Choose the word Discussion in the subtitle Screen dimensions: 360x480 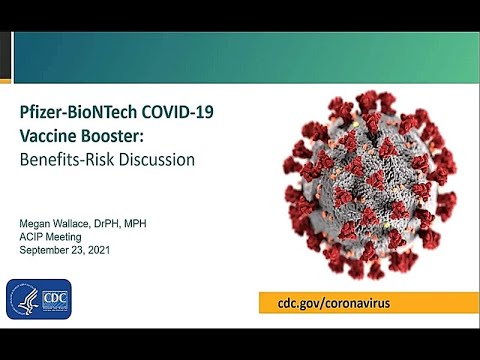tap(161, 160)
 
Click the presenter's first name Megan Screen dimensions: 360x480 tap(40, 214)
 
